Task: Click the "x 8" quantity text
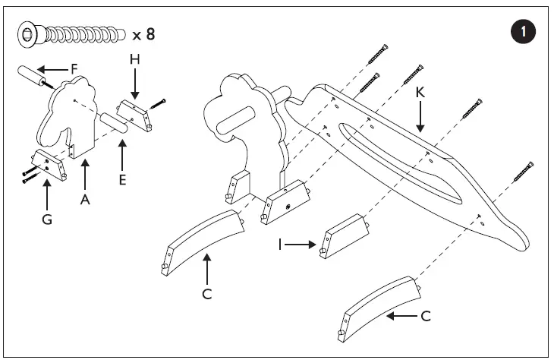[148, 33]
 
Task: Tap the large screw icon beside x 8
[72, 33]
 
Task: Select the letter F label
[74, 68]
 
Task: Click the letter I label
[282, 245]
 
